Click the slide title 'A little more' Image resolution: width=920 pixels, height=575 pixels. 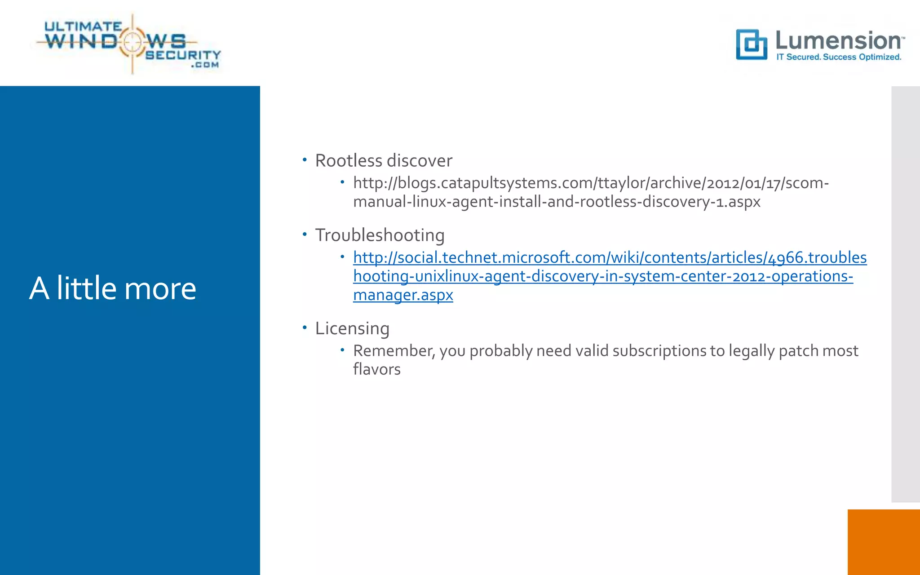[113, 288]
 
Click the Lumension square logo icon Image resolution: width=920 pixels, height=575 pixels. [751, 44]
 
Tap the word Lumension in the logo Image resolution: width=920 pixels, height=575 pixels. [838, 41]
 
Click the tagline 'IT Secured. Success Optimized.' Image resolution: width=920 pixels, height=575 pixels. [839, 57]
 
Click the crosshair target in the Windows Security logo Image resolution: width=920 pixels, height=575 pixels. [132, 42]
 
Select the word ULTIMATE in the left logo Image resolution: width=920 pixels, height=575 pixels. [83, 27]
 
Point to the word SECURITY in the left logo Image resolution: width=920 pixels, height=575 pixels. [183, 55]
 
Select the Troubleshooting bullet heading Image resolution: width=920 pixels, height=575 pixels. [380, 235]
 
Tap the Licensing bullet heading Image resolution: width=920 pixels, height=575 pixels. [352, 328]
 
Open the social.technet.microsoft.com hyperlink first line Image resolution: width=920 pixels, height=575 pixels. [609, 257]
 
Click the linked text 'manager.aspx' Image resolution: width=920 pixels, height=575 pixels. [403, 295]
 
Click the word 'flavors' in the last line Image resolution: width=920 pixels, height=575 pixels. [376, 369]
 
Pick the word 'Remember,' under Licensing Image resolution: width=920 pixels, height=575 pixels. [394, 351]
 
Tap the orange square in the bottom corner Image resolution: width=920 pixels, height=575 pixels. [883, 542]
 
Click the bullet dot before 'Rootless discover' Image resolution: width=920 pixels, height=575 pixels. [305, 159]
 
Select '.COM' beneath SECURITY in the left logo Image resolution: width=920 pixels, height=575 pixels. [205, 65]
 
